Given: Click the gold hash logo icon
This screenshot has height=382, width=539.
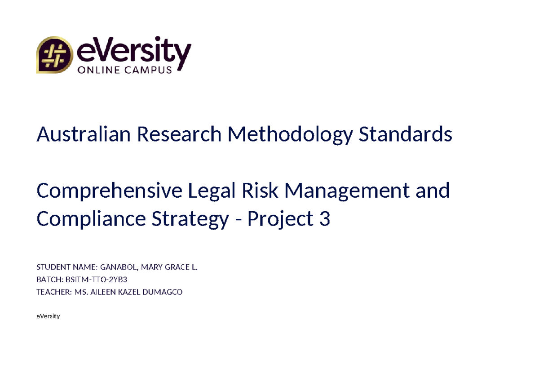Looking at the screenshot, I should click(x=54, y=55).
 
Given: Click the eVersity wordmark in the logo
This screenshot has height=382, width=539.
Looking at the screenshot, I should click(x=134, y=52).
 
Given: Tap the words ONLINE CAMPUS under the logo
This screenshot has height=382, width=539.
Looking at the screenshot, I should click(x=125, y=70).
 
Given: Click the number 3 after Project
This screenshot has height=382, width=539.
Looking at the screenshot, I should click(x=325, y=219).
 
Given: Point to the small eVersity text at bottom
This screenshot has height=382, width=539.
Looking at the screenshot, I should click(x=48, y=316).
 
